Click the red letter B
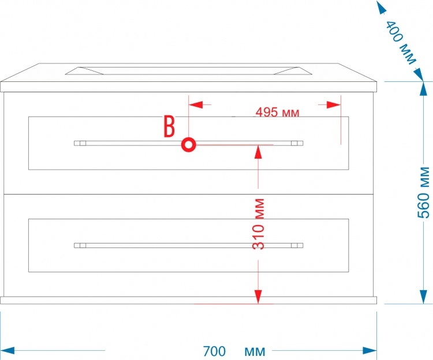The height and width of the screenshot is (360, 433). click(x=169, y=126)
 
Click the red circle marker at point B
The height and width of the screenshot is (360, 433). click(x=189, y=145)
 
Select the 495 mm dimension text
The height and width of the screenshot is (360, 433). click(x=277, y=112)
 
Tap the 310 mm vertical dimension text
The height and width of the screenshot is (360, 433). click(x=259, y=224)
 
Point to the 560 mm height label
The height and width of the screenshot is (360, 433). click(x=424, y=193)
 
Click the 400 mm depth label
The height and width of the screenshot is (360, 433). click(x=401, y=43)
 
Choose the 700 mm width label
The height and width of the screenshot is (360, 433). click(x=234, y=351)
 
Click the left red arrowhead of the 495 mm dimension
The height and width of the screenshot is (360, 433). click(x=196, y=105)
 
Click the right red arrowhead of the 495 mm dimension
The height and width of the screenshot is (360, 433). click(x=334, y=105)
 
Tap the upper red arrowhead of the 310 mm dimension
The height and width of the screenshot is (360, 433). click(x=258, y=152)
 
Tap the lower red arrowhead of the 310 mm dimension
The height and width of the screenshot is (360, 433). click(x=258, y=297)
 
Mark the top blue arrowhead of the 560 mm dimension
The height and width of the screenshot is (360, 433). click(x=423, y=88)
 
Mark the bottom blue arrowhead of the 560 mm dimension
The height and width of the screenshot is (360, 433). click(x=423, y=297)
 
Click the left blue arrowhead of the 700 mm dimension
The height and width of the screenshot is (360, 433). click(x=8, y=351)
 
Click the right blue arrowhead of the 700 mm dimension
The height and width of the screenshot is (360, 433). click(x=369, y=351)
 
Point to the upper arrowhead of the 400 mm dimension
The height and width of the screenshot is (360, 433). click(x=382, y=7)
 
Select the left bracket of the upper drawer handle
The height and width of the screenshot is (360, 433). click(x=80, y=143)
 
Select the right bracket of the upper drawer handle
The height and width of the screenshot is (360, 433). click(x=297, y=143)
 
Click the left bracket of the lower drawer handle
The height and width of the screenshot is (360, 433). click(x=80, y=246)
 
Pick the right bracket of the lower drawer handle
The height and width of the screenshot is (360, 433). click(x=297, y=246)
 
